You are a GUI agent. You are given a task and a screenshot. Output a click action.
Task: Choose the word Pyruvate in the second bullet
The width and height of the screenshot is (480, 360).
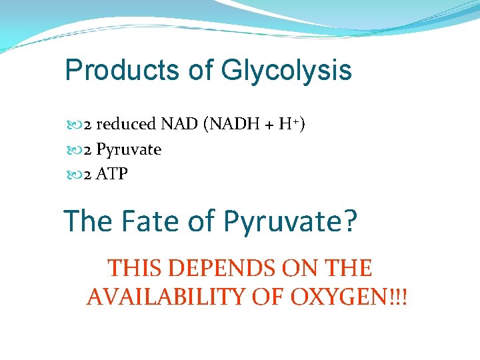129,149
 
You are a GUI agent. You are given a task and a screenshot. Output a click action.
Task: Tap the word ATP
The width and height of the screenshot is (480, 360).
113,175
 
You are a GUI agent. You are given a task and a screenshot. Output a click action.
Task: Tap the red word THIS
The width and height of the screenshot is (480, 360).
135,268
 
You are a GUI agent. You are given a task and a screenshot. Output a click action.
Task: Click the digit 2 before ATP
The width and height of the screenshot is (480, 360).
87,175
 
